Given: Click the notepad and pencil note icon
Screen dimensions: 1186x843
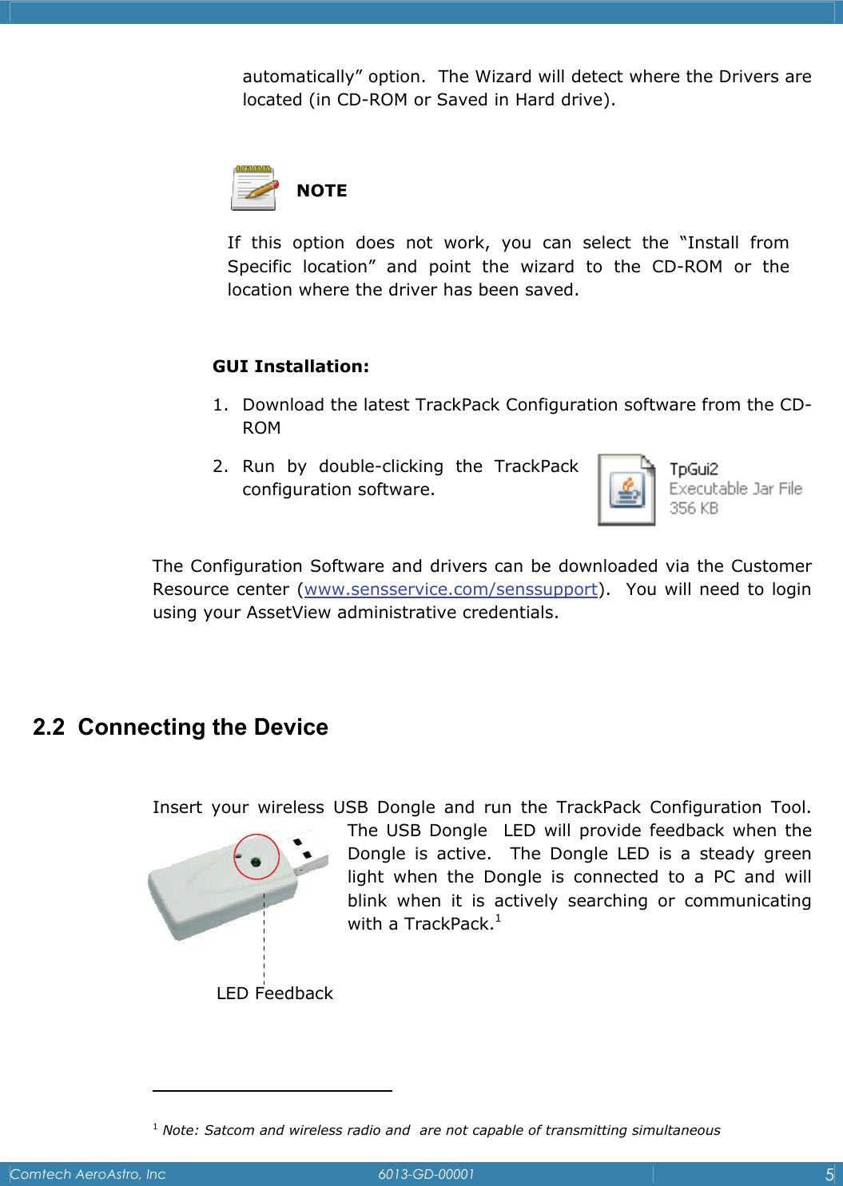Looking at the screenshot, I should coord(254,188).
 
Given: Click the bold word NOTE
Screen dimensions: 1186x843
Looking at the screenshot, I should coord(322,191).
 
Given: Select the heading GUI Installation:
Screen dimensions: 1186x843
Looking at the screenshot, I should coord(291,367).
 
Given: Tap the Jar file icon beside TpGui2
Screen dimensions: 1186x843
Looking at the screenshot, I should coord(626,490).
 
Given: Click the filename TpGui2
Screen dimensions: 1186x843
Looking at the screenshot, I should coord(694,469).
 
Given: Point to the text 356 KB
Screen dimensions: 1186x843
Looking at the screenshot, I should coord(694,508).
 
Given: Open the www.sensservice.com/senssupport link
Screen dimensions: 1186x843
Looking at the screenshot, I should coord(451,589).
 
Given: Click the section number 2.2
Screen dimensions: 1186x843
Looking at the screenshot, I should coord(49,727).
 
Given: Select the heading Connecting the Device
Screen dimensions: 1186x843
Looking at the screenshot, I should coord(203,727).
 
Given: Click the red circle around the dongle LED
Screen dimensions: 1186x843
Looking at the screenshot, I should coord(256,856).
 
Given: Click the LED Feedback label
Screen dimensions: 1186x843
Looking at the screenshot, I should coord(275,994).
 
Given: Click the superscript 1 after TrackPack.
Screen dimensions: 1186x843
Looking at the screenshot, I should coord(498,918).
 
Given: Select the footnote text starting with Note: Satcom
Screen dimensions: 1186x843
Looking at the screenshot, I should coord(441,1130).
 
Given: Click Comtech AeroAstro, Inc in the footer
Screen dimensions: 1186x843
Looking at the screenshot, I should coord(88,1174).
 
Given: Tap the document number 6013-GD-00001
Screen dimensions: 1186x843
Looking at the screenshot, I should coord(426,1174).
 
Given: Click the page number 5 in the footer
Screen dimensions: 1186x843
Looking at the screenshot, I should coord(829,1174).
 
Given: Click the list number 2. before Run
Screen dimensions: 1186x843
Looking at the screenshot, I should coord(221,466).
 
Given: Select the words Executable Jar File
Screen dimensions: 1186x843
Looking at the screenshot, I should coord(735,489).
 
